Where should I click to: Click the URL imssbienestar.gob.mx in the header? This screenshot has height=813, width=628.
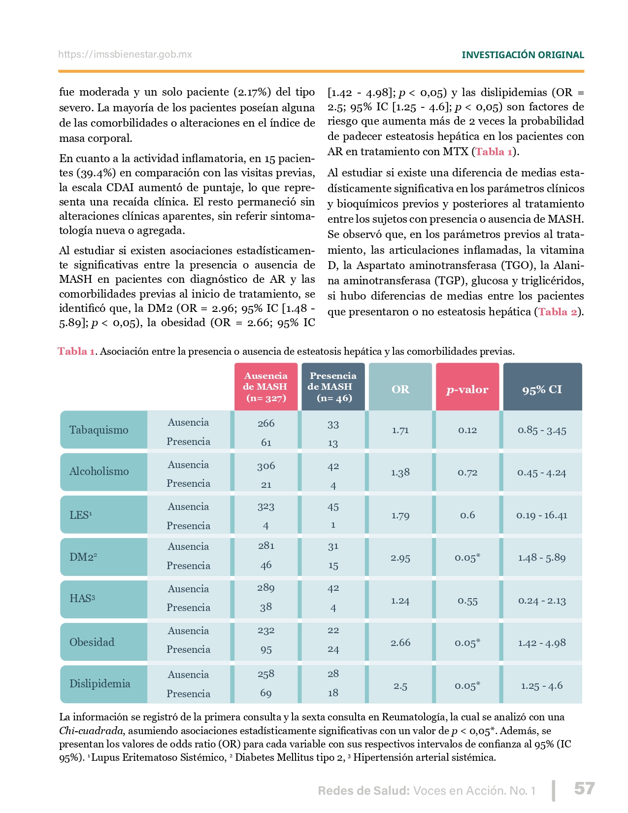pyautogui.click(x=125, y=55)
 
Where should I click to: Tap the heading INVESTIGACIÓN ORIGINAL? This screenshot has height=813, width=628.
pyautogui.click(x=523, y=55)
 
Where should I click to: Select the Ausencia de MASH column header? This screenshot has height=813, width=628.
pyautogui.click(x=266, y=387)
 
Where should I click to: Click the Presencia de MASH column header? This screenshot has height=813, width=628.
pyautogui.click(x=333, y=387)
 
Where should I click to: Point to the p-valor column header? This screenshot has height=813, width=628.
pyautogui.click(x=467, y=389)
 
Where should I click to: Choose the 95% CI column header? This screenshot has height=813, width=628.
pyautogui.click(x=542, y=389)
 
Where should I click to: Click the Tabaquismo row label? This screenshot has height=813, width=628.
pyautogui.click(x=99, y=430)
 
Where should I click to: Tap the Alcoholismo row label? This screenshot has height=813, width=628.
pyautogui.click(x=99, y=472)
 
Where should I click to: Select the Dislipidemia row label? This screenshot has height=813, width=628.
pyautogui.click(x=100, y=683)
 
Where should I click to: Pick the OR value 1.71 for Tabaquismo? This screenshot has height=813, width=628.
pyautogui.click(x=400, y=430)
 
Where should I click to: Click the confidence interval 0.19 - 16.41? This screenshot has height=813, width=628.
pyautogui.click(x=542, y=515)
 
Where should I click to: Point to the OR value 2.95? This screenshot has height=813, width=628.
pyautogui.click(x=400, y=558)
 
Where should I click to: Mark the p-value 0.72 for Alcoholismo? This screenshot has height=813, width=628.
pyautogui.click(x=467, y=473)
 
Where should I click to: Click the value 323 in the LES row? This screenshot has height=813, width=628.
pyautogui.click(x=266, y=507)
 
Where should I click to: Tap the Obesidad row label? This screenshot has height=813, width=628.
pyautogui.click(x=92, y=642)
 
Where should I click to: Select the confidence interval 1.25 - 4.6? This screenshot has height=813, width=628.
pyautogui.click(x=542, y=685)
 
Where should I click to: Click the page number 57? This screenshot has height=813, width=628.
pyautogui.click(x=584, y=788)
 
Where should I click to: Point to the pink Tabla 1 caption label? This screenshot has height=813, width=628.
pyautogui.click(x=76, y=351)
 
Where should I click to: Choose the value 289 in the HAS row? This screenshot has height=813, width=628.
pyautogui.click(x=266, y=588)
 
